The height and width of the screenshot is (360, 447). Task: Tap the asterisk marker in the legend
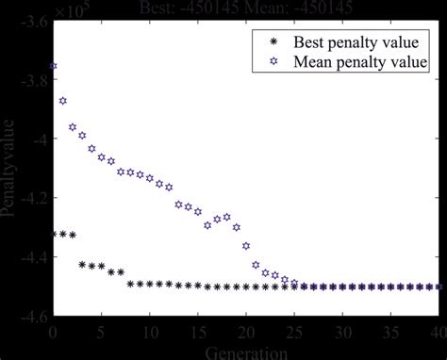click(x=274, y=42)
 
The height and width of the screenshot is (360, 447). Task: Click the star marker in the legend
click(x=274, y=62)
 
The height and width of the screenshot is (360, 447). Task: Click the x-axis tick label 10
click(x=149, y=332)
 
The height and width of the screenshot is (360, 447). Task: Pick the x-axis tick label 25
click(x=294, y=332)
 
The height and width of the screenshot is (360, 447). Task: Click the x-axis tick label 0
click(x=53, y=332)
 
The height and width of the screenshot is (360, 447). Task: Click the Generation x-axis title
click(x=245, y=352)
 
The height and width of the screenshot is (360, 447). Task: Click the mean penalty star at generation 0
click(x=53, y=66)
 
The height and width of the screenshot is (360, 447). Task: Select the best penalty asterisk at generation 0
click(x=53, y=234)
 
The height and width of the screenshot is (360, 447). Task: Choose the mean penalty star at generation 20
click(x=246, y=246)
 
